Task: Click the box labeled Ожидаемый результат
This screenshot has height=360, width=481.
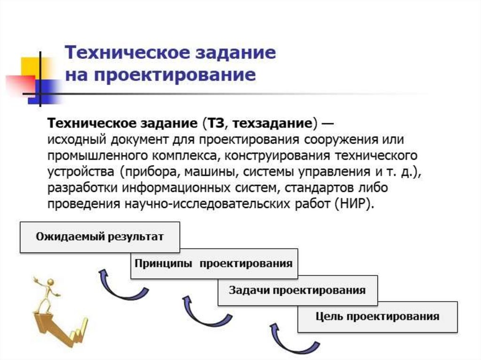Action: tap(100, 237)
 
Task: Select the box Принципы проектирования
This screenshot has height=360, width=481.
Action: tap(214, 263)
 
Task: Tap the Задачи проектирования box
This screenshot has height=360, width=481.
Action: tap(297, 290)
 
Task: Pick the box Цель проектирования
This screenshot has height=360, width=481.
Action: tap(377, 316)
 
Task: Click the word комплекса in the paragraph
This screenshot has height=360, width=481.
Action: tap(178, 156)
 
